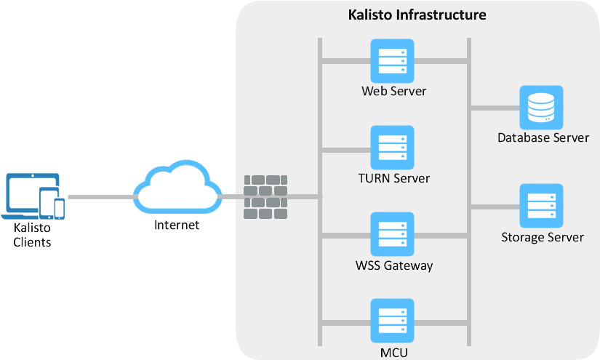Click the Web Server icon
pos(392,61)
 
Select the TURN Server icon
pos(392,148)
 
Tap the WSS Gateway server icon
pos(392,234)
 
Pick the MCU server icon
pos(392,321)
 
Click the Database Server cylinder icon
pos(541,108)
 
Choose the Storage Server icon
pos(541,206)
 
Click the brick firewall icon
pos(265,196)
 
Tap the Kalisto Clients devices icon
pos(33,196)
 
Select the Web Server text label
pos(393,92)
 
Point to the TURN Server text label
pos(393,178)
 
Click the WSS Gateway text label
pos(394,265)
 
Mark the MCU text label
pos(393,353)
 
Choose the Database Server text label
pos(543,137)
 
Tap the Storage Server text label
pos(543,237)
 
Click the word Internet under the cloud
pos(176,225)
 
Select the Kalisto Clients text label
pos(33,235)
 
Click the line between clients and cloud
pos(100,196)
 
